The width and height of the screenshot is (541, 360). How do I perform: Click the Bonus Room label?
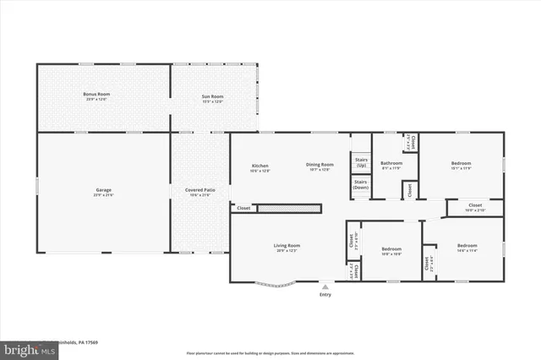(x=96, y=94)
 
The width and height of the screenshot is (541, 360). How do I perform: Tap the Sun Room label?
(x=212, y=97)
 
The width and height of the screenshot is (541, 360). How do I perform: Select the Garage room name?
(x=103, y=190)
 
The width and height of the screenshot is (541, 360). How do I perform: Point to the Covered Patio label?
(x=200, y=190)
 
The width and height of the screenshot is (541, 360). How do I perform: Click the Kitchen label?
(x=260, y=165)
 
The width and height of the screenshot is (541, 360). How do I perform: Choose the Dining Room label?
(x=320, y=165)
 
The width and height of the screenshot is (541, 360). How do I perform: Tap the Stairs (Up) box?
(x=361, y=161)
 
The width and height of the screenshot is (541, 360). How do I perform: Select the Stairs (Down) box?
(x=361, y=184)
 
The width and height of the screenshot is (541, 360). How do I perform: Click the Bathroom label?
(x=391, y=163)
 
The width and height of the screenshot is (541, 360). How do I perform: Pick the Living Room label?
(x=287, y=246)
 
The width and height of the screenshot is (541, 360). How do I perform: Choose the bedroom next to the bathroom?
(x=461, y=163)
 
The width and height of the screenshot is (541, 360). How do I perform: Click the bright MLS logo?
(x=18, y=348)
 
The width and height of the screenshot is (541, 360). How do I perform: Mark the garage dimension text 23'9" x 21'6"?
(x=103, y=195)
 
